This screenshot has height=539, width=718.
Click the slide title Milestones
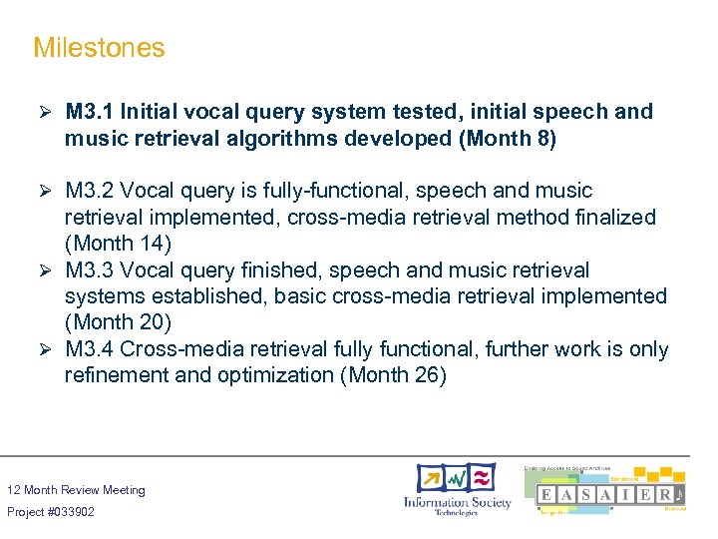point(99,47)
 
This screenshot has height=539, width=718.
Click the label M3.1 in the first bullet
point(91,112)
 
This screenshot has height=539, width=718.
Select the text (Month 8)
point(507,139)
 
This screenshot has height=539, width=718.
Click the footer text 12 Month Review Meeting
point(76,490)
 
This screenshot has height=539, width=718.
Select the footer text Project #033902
point(51,512)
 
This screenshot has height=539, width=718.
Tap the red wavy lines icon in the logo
point(481,476)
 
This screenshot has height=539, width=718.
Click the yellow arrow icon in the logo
point(432,477)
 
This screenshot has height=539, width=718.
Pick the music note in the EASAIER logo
point(678,494)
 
